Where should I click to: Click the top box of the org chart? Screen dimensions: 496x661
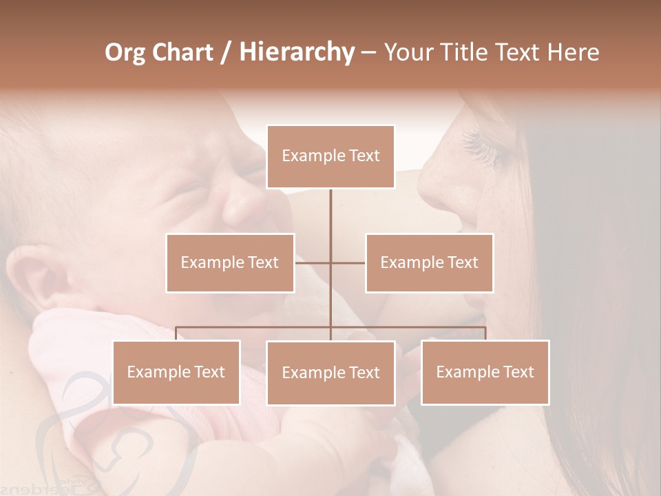[330, 156]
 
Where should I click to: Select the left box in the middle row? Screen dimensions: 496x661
[230, 262]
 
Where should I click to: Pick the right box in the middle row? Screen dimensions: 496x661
[429, 262]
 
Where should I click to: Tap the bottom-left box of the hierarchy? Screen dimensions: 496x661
[176, 372]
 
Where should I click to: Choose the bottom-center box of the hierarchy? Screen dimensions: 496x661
[330, 373]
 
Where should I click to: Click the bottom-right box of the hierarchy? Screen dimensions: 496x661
[485, 372]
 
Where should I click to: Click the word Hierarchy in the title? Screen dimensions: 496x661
[296, 52]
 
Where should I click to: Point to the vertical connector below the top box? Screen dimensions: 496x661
[330, 214]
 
